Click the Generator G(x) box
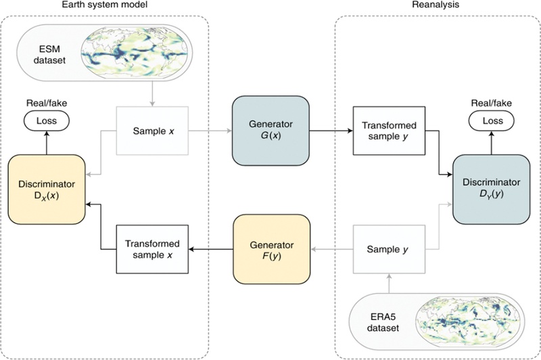coord(270,131)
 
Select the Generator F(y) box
coord(272,249)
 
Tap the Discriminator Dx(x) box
coord(47,189)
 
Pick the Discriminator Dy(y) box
coord(492,189)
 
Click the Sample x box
coord(153,131)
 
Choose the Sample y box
coord(389,249)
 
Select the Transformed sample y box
coord(389,131)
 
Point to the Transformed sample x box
coord(153,249)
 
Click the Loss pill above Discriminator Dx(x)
coord(47,121)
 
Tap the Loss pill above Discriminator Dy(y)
coord(492,121)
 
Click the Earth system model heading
coord(105,5)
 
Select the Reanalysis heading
coord(436,5)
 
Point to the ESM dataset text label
coord(49,55)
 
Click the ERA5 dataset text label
coord(383,322)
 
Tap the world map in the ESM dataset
coord(135,53)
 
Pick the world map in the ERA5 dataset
coord(470,321)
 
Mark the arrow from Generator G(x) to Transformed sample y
coord(331,131)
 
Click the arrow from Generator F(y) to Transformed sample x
coord(211,249)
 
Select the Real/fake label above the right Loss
coord(492,103)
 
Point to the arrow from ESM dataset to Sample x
coord(152,94)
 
